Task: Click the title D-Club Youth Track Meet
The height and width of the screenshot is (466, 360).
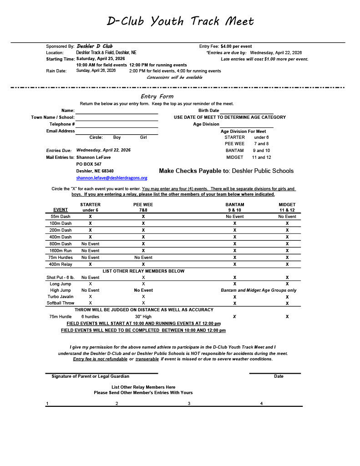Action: coord(180,21)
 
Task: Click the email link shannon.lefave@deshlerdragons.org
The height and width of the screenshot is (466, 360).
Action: coord(112,178)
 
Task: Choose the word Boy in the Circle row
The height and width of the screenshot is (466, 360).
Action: coord(117,137)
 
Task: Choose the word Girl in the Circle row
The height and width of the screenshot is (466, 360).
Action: coord(143,137)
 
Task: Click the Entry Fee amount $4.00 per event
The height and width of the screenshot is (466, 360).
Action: coord(236,46)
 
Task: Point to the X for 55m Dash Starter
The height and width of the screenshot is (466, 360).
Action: coord(90,217)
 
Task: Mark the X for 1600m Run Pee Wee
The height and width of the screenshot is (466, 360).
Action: coord(143,251)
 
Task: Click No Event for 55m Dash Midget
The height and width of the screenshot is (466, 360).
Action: coord(287,217)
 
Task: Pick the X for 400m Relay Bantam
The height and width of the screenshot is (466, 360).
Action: coord(235,264)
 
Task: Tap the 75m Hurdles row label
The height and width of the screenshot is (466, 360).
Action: coord(61,258)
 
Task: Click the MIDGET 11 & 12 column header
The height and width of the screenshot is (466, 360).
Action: coord(287,208)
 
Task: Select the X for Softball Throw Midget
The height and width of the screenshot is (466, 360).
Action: coord(287,303)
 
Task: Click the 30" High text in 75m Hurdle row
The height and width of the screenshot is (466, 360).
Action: coord(143,317)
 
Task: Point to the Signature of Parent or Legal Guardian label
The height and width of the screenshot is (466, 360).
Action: coord(90,376)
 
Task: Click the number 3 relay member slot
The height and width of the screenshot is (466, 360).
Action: coord(189,404)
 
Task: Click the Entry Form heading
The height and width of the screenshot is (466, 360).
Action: coord(157,96)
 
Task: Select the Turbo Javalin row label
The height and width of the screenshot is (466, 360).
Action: coord(61,297)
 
